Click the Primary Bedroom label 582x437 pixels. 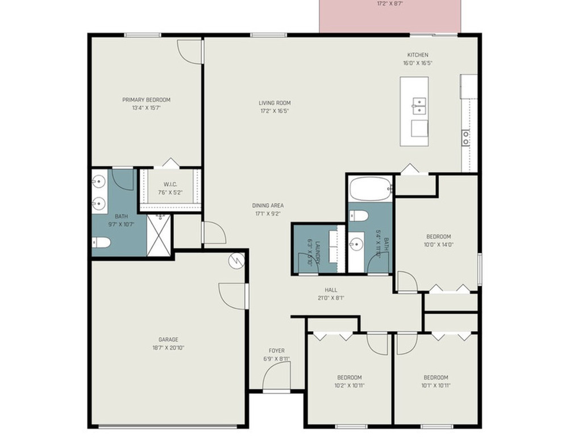point(146,100)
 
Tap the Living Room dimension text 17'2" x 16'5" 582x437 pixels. point(275,111)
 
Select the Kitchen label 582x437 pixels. point(417,55)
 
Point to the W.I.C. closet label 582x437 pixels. point(171,184)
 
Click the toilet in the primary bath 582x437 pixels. point(102,242)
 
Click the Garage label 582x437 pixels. point(168,340)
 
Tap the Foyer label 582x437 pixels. point(277,351)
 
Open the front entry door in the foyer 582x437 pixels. point(277,377)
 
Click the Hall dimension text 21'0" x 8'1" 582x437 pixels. point(331,298)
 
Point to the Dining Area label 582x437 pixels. point(268,205)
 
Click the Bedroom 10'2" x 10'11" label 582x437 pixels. point(349,377)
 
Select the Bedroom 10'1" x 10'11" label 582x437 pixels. point(435,377)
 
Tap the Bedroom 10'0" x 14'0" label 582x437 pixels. point(438,237)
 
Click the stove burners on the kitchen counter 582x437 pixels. point(465,137)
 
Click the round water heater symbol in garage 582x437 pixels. point(236,261)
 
